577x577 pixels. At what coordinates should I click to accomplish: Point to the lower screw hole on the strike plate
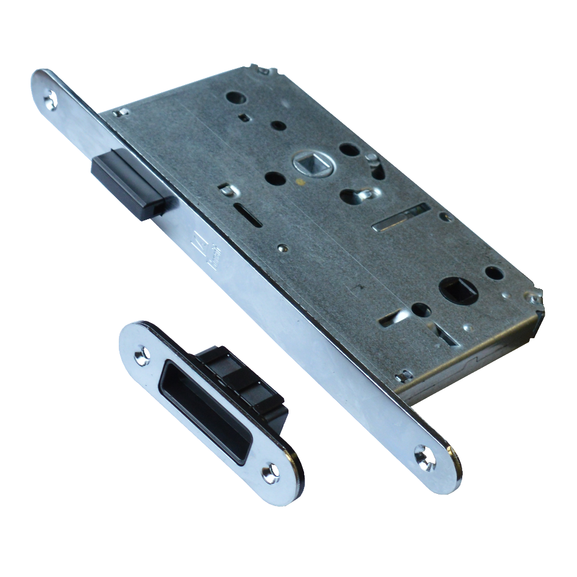click(270, 474)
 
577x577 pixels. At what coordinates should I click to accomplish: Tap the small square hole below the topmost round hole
click(244, 118)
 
